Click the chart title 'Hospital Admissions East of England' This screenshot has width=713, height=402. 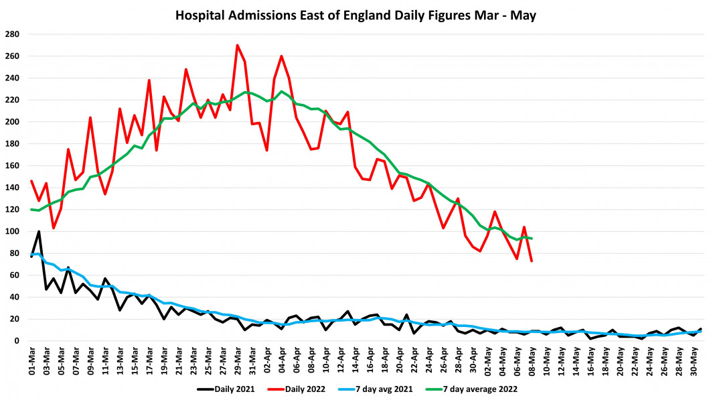tap(356, 14)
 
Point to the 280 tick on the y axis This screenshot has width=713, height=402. tap(13, 34)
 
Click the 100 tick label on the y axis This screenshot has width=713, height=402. tap(13, 231)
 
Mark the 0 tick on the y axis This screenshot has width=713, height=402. tap(18, 341)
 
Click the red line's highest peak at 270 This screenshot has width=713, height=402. tap(238, 45)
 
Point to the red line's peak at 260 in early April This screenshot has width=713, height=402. tap(281, 56)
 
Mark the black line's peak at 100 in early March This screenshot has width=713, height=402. tap(39, 231)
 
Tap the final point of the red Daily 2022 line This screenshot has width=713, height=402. tap(532, 261)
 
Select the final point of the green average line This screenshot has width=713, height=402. tap(532, 239)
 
